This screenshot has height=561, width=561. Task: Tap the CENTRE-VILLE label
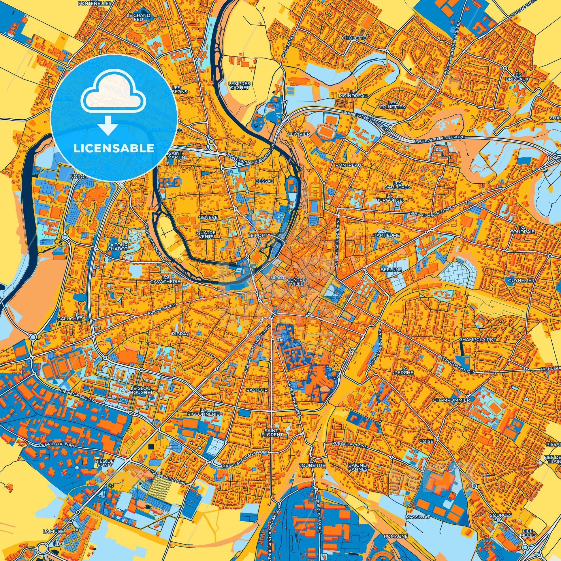click(296, 282)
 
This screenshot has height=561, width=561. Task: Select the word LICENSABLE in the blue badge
click(114, 148)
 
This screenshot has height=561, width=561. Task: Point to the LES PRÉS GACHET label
click(239, 85)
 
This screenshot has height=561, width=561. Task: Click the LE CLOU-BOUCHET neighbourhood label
click(142, 390)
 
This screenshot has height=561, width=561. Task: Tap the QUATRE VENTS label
click(206, 234)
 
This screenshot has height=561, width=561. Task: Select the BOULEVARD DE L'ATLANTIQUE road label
click(250, 157)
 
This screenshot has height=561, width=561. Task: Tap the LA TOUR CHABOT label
click(117, 246)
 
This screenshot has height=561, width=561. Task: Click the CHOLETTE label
click(354, 38)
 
